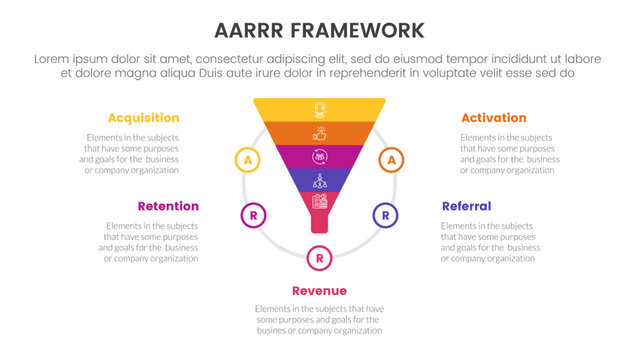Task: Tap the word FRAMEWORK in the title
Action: pos(363,29)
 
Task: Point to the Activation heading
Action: pos(494,118)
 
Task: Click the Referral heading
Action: pos(466,206)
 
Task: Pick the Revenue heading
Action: pos(319,291)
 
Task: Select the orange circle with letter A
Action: pos(392,159)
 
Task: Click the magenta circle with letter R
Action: pos(254,214)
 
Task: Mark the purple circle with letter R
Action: pos(385,214)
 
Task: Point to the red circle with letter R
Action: pos(319,258)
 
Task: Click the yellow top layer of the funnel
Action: pos(319,109)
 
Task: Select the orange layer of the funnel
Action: pos(319,132)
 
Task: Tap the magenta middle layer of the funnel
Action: pos(319,156)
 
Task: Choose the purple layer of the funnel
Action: pos(319,180)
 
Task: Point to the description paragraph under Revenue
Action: pos(319,319)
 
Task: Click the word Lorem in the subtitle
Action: pos(56,59)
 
